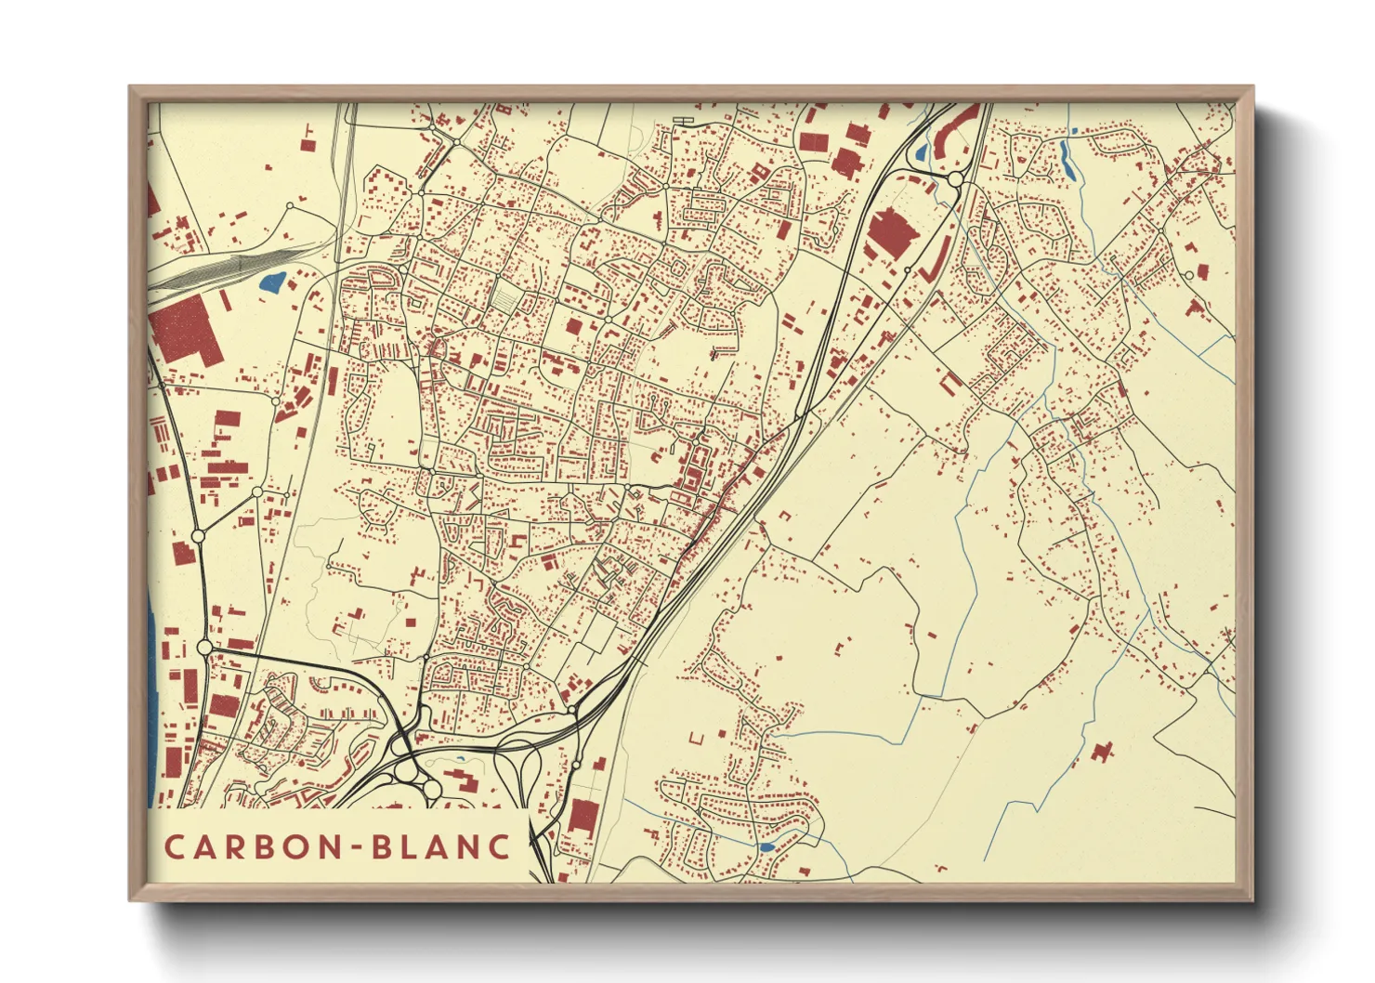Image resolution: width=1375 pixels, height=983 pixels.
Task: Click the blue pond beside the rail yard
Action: pos(271,282)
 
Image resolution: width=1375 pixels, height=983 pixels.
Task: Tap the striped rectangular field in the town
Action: pos(505,297)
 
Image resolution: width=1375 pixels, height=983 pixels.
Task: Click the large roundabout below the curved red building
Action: pos(955,179)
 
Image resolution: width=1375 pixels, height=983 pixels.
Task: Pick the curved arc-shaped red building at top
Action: pos(955,128)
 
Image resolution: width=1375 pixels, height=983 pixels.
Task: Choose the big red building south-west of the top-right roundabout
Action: pos(890,232)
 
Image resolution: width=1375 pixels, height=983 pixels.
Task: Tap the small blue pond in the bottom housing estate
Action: pos(766,847)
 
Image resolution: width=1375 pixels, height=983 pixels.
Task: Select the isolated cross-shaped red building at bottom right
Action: pos(1103,751)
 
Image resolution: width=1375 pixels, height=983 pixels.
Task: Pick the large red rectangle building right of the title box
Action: pos(583,816)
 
